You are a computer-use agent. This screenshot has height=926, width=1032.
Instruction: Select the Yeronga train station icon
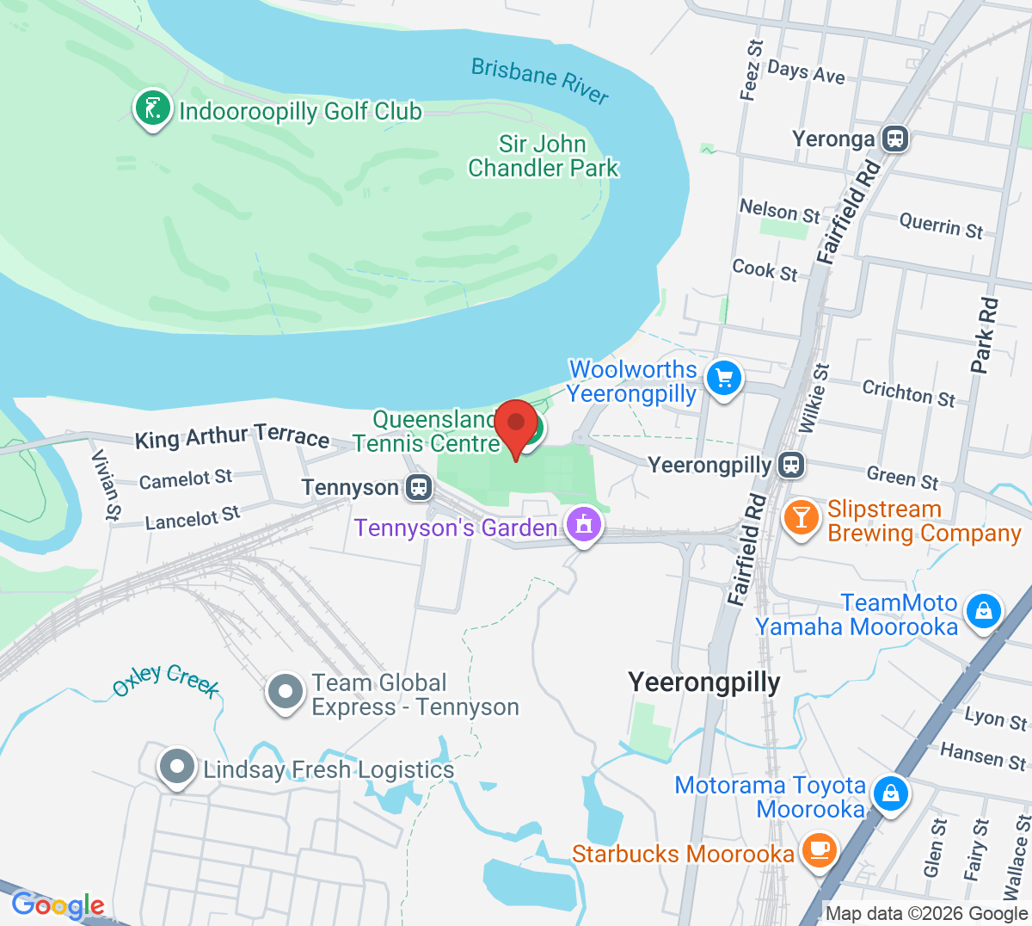pos(895,138)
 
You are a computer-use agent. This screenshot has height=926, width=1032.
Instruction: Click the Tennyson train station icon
pos(419,487)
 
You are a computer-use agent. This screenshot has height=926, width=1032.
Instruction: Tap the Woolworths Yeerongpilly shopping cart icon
pos(723,379)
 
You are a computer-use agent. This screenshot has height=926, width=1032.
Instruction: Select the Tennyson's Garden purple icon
pos(583,523)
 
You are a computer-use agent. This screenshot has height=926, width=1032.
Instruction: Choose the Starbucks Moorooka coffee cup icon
pos(818,849)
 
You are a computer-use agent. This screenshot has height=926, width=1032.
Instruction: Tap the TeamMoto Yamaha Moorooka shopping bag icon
pos(983,612)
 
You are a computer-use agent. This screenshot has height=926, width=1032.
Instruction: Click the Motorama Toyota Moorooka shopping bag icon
pos(891,793)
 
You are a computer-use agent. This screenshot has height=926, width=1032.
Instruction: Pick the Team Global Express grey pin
pos(286,692)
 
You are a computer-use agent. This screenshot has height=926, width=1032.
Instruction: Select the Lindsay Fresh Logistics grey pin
pos(177,766)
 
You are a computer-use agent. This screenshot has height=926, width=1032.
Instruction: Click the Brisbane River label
pos(540,80)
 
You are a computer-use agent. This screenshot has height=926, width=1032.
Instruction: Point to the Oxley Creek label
pos(166,680)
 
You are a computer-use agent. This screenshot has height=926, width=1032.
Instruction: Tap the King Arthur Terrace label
pos(232,437)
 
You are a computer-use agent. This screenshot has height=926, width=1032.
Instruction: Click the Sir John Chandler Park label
pos(544,156)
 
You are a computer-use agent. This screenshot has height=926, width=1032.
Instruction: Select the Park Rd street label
pos(986,336)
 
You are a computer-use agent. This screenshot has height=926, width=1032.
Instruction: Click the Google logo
pos(58,904)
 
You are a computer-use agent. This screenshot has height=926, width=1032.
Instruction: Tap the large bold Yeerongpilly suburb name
pos(704,682)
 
